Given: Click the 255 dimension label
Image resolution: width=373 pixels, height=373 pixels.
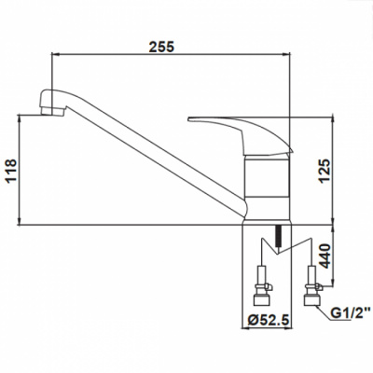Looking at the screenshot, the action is point(161,47).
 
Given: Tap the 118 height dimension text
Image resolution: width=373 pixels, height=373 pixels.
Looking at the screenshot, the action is point(11,171).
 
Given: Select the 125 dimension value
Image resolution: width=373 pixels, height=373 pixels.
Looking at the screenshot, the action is point(325,171).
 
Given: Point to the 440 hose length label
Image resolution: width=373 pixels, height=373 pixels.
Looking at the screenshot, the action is point(325,256).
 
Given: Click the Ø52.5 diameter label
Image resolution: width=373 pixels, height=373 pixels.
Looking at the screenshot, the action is point(269,320).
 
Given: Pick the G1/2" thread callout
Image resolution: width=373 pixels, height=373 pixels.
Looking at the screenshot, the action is point(351,313).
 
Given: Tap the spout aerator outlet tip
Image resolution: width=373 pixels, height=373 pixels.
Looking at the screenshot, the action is point(52,111).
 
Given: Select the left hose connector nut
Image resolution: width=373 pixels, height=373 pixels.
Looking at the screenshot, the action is point(262,299).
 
